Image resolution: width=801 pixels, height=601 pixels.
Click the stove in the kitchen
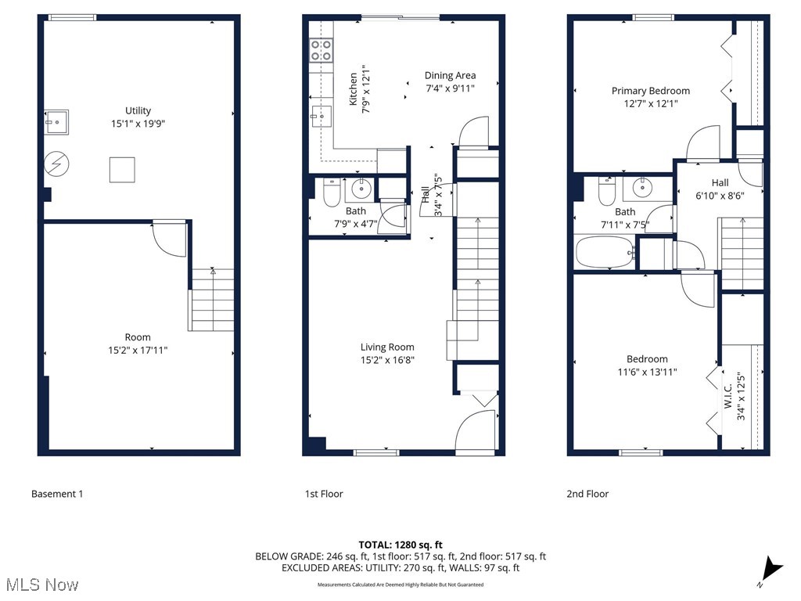(321, 51)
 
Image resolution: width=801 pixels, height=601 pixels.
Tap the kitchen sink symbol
(320, 116)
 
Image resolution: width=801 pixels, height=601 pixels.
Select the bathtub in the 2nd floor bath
(604, 253)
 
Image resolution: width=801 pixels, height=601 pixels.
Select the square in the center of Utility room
(121, 169)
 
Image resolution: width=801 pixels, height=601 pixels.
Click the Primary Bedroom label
(651, 91)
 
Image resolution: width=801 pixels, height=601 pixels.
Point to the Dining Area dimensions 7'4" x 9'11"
(450, 88)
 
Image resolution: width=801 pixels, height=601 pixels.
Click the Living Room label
(387, 347)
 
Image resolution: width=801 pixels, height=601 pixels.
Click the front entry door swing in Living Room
(476, 432)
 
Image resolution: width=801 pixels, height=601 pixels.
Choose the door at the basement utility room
(168, 237)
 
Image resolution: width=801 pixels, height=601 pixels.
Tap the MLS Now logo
(41, 585)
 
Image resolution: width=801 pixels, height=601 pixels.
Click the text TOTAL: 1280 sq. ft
(400, 545)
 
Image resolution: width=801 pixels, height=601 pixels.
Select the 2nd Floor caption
(587, 494)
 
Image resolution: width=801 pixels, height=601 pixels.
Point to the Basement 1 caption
(57, 494)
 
